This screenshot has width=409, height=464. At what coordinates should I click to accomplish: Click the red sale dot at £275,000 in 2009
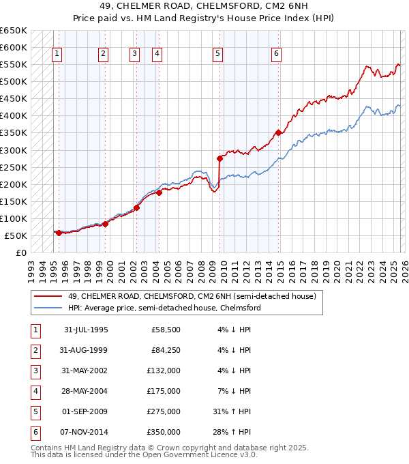[x=219, y=158]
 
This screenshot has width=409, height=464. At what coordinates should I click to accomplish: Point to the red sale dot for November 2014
[x=278, y=132]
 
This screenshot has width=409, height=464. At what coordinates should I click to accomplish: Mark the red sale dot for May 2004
[x=159, y=192]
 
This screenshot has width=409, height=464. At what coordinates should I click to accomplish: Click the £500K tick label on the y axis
[x=14, y=81]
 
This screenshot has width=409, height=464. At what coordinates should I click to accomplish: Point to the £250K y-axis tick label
[x=14, y=167]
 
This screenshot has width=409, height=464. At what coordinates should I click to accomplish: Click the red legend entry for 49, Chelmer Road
[x=192, y=296]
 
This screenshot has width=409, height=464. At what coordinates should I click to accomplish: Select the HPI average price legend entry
[x=164, y=308]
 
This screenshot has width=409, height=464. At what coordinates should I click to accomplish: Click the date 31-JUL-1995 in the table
[x=86, y=330]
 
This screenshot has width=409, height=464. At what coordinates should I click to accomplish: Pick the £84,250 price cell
[x=166, y=350]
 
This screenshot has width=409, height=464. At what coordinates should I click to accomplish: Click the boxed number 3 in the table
[x=35, y=371]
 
